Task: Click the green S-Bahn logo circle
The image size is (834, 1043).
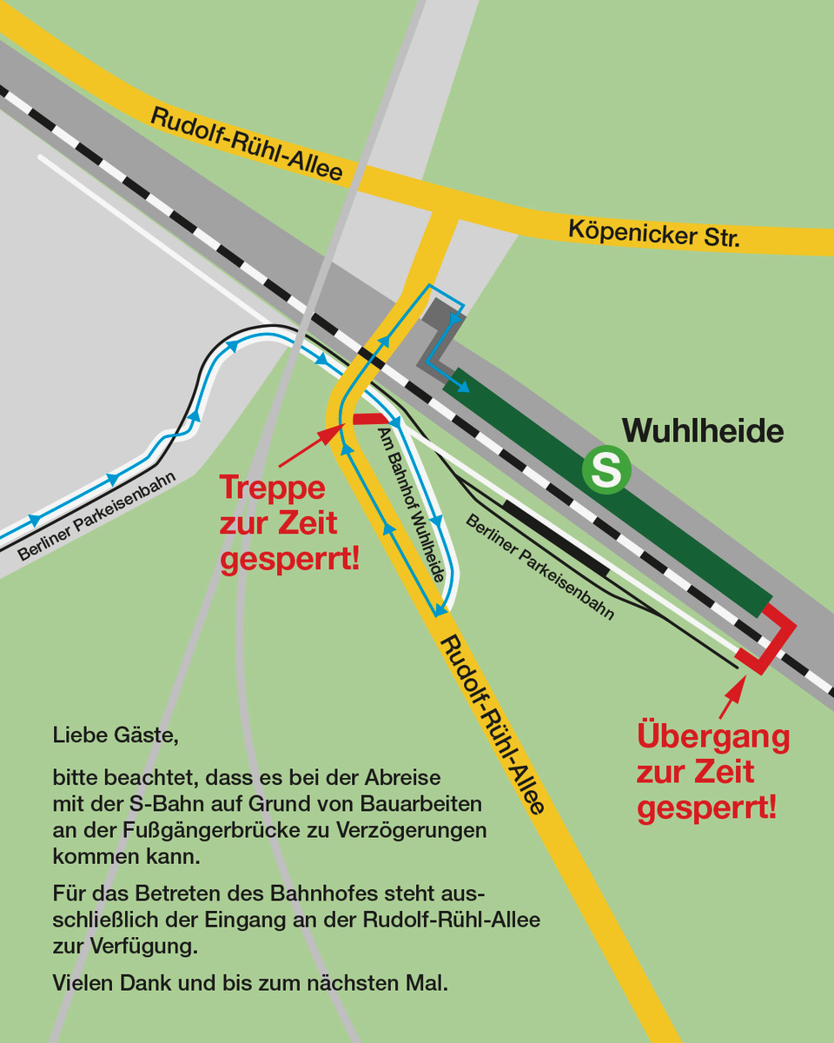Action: (606, 470)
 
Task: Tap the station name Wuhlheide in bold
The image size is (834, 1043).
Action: (703, 430)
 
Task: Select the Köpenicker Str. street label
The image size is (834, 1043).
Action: (654, 232)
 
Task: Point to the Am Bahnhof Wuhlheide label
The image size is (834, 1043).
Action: (414, 504)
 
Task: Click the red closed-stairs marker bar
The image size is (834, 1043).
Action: (365, 419)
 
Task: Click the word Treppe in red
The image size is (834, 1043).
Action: (272, 487)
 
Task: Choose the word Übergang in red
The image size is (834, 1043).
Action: (713, 736)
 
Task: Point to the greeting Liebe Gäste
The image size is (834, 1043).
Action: (115, 736)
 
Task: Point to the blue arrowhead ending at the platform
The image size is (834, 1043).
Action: (465, 387)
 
